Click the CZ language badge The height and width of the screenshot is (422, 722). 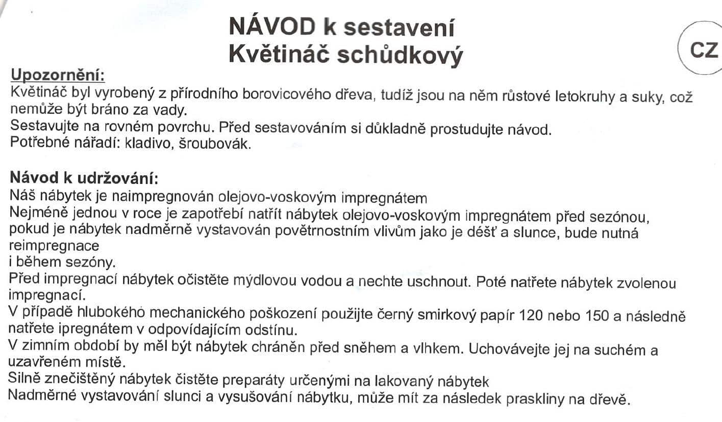[x=704, y=50]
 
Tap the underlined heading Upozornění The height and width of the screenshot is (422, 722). [x=58, y=76]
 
